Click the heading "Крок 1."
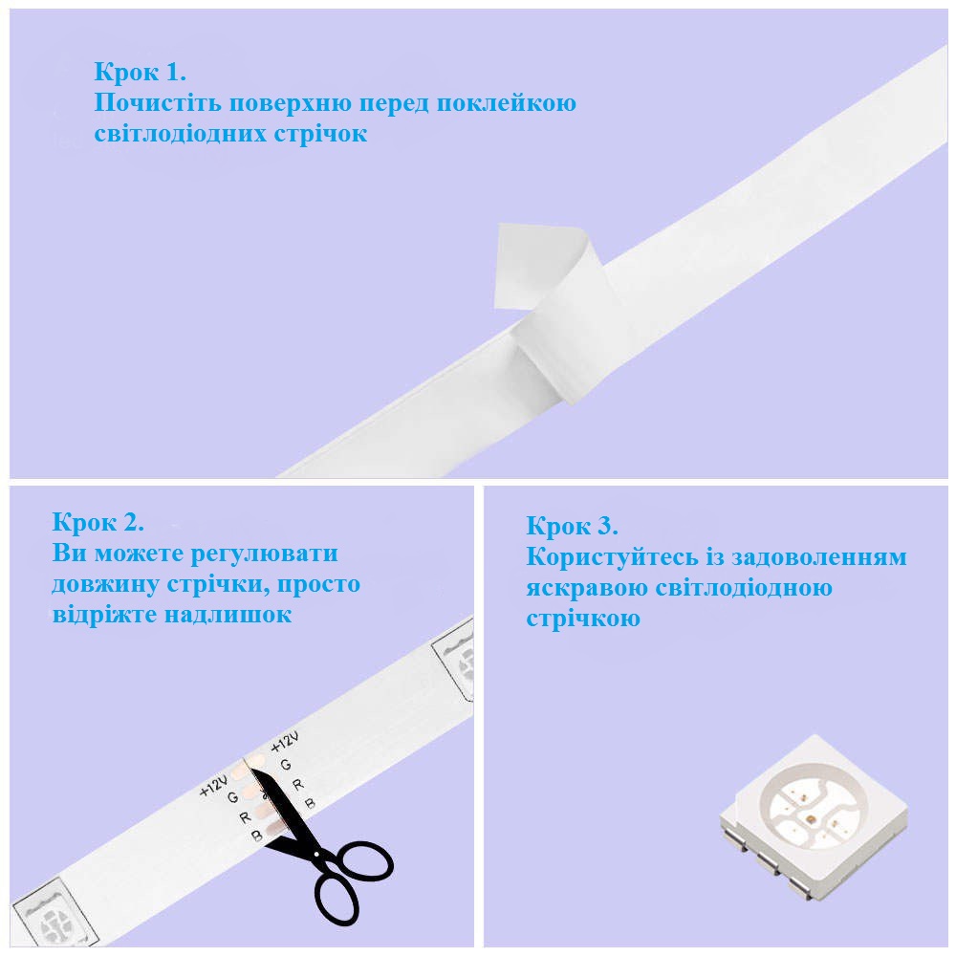click(x=140, y=72)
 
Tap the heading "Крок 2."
click(x=98, y=522)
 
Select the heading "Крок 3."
click(x=572, y=526)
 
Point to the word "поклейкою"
click(x=507, y=103)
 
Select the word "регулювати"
click(x=265, y=553)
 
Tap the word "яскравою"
click(x=587, y=588)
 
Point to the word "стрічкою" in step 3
click(x=583, y=619)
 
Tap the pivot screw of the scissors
click(x=316, y=855)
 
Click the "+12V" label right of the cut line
click(x=285, y=742)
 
